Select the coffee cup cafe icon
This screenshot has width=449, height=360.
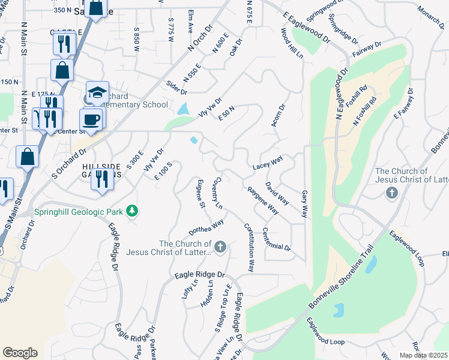pyautogui.click(x=91, y=119)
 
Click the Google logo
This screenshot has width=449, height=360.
pyautogui.click(x=20, y=353)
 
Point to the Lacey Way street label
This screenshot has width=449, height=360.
pyautogui.click(x=267, y=163)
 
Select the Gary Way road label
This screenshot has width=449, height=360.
pyautogui.click(x=304, y=204)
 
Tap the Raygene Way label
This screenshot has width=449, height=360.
pyautogui.click(x=263, y=200)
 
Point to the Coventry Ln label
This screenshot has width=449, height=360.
pyautogui.click(x=218, y=193)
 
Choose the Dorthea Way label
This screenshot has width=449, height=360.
pyautogui.click(x=206, y=227)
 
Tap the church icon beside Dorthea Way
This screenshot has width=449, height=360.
pyautogui.click(x=220, y=247)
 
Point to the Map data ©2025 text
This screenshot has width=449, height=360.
pyautogui.click(x=423, y=355)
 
